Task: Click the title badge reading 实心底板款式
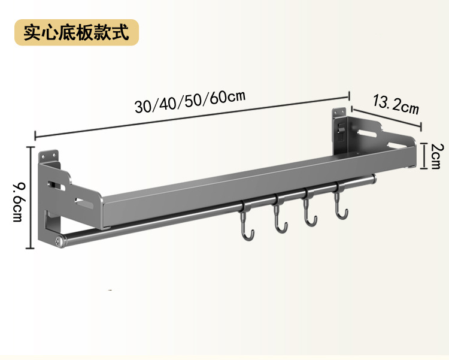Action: [x=77, y=32]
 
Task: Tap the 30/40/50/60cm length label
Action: [x=190, y=102]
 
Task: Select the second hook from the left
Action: [x=277, y=217]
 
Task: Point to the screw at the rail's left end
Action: [x=58, y=241]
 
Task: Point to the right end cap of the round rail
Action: [x=374, y=178]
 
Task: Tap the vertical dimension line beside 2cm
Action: [x=423, y=156]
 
